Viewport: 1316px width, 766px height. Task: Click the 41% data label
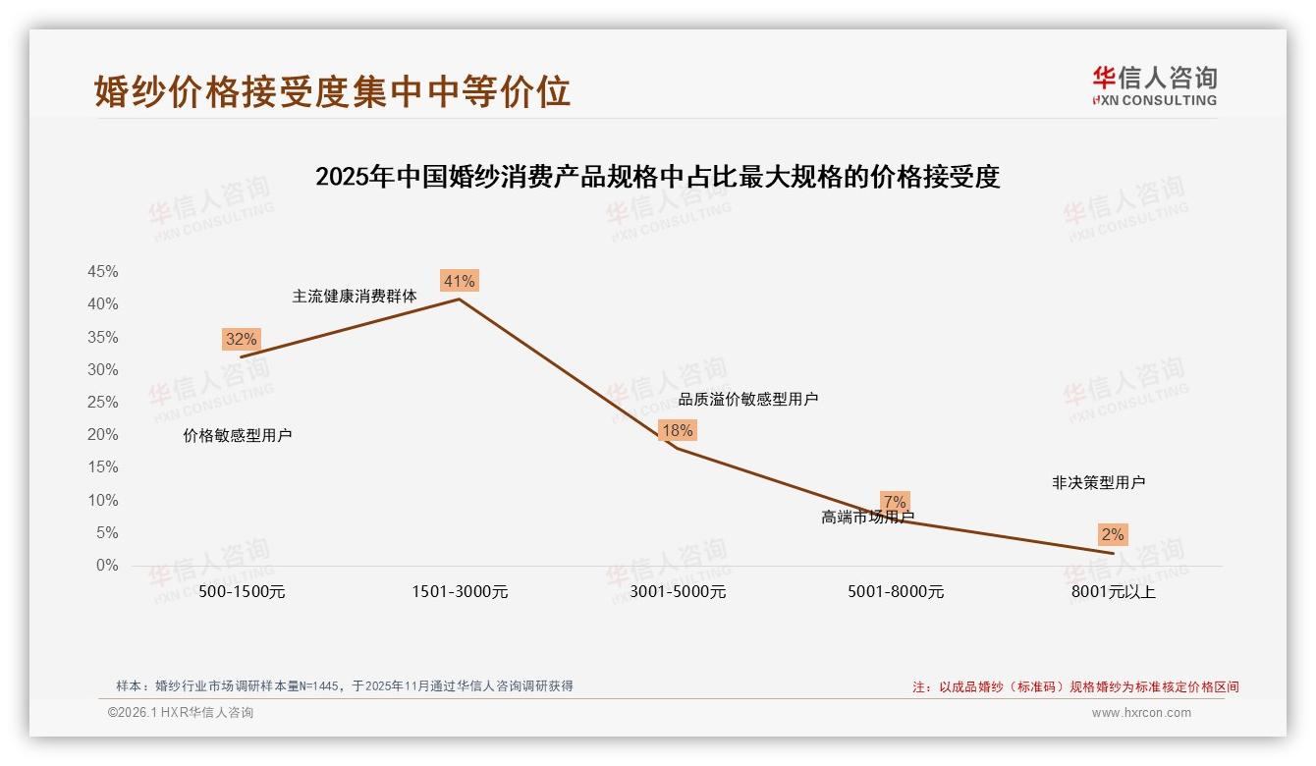point(459,282)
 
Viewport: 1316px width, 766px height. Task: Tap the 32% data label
point(241,340)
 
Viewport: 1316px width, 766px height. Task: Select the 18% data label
point(677,430)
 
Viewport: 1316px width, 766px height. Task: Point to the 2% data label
point(1112,535)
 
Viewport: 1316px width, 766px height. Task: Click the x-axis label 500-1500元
point(242,592)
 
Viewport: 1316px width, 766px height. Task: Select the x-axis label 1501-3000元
point(460,592)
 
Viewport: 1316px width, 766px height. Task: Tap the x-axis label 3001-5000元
point(678,592)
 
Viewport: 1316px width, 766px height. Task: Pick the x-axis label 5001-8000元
point(896,592)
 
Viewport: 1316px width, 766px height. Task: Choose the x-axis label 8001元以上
point(1114,592)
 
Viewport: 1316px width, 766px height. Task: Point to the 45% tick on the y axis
point(103,272)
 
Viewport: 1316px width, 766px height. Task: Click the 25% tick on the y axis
point(103,403)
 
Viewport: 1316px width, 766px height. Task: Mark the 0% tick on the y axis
point(107,566)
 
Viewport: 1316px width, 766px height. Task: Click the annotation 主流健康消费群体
point(355,296)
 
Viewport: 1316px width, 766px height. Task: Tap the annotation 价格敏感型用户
point(238,436)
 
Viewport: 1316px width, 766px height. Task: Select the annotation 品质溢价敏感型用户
point(748,400)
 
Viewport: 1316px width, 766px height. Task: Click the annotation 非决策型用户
point(1098,483)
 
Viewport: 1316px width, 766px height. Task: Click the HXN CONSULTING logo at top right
point(1154,86)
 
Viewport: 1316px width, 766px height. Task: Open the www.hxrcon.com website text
point(1141,713)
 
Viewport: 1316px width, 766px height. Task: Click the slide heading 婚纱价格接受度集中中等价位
point(332,91)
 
